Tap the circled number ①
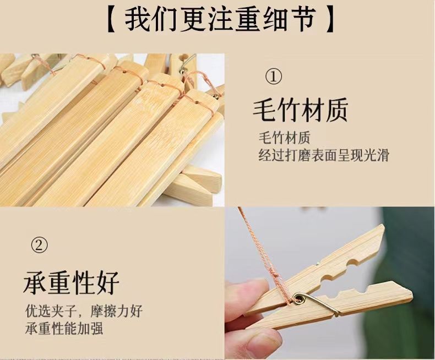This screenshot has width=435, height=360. tap(274, 77)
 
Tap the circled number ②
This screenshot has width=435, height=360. tap(39, 244)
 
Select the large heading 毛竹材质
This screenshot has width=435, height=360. tap(301, 110)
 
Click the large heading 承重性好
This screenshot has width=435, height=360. tap(71, 282)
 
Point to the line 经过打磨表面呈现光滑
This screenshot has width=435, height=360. tap(324, 155)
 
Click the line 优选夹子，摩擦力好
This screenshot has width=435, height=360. tap(84, 310)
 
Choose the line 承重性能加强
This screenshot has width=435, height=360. tap(64, 329)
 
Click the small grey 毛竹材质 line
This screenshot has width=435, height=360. tap(284, 138)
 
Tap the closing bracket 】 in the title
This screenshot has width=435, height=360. tap(329, 19)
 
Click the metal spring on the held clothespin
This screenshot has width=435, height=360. tap(316, 303)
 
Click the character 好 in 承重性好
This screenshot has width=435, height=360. tap(108, 282)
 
